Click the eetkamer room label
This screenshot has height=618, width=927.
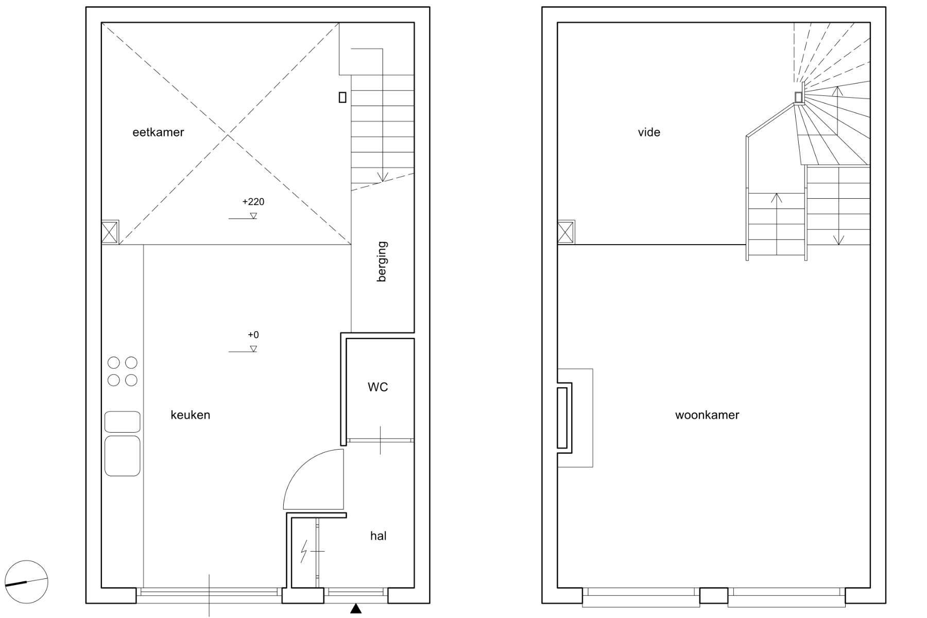click(158, 132)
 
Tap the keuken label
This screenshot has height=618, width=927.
click(191, 415)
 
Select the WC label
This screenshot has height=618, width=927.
click(378, 387)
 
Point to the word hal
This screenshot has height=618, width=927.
click(378, 536)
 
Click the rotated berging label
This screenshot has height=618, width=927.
click(382, 262)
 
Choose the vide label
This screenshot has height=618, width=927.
click(649, 132)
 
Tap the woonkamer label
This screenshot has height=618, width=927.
click(707, 415)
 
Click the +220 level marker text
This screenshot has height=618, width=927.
click(253, 202)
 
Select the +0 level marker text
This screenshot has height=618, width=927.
click(253, 335)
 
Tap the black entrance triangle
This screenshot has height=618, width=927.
click(356, 609)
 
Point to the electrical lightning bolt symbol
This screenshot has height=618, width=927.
click(304, 551)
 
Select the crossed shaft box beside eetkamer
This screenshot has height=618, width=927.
click(110, 232)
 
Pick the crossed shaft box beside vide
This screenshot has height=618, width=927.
click(566, 232)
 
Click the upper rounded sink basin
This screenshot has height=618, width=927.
click(123, 422)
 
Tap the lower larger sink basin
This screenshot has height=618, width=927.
click(123, 456)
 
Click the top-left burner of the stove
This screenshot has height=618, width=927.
click(114, 363)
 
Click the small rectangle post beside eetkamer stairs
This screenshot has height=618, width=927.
click(342, 97)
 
